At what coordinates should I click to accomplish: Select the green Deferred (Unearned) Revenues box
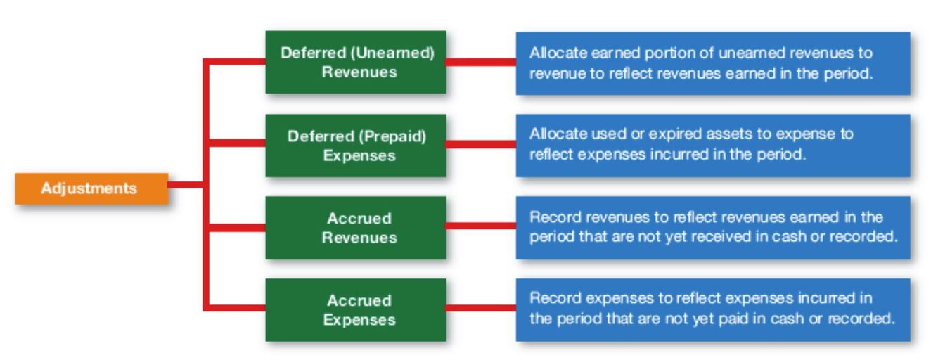(355, 62)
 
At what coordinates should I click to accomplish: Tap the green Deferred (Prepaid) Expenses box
(355, 145)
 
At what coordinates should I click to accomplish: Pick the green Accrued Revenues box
(355, 227)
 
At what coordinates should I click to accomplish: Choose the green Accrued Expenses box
(355, 309)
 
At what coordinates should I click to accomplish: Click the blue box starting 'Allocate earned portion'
(712, 63)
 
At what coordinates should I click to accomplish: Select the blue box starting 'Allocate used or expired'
(712, 145)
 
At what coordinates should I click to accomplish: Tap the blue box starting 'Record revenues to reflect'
(712, 227)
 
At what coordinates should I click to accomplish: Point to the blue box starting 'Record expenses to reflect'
(712, 309)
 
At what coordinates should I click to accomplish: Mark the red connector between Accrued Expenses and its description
(481, 308)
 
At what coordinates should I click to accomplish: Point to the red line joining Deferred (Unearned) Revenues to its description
(481, 62)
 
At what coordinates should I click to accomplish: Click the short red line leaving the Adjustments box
(185, 186)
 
